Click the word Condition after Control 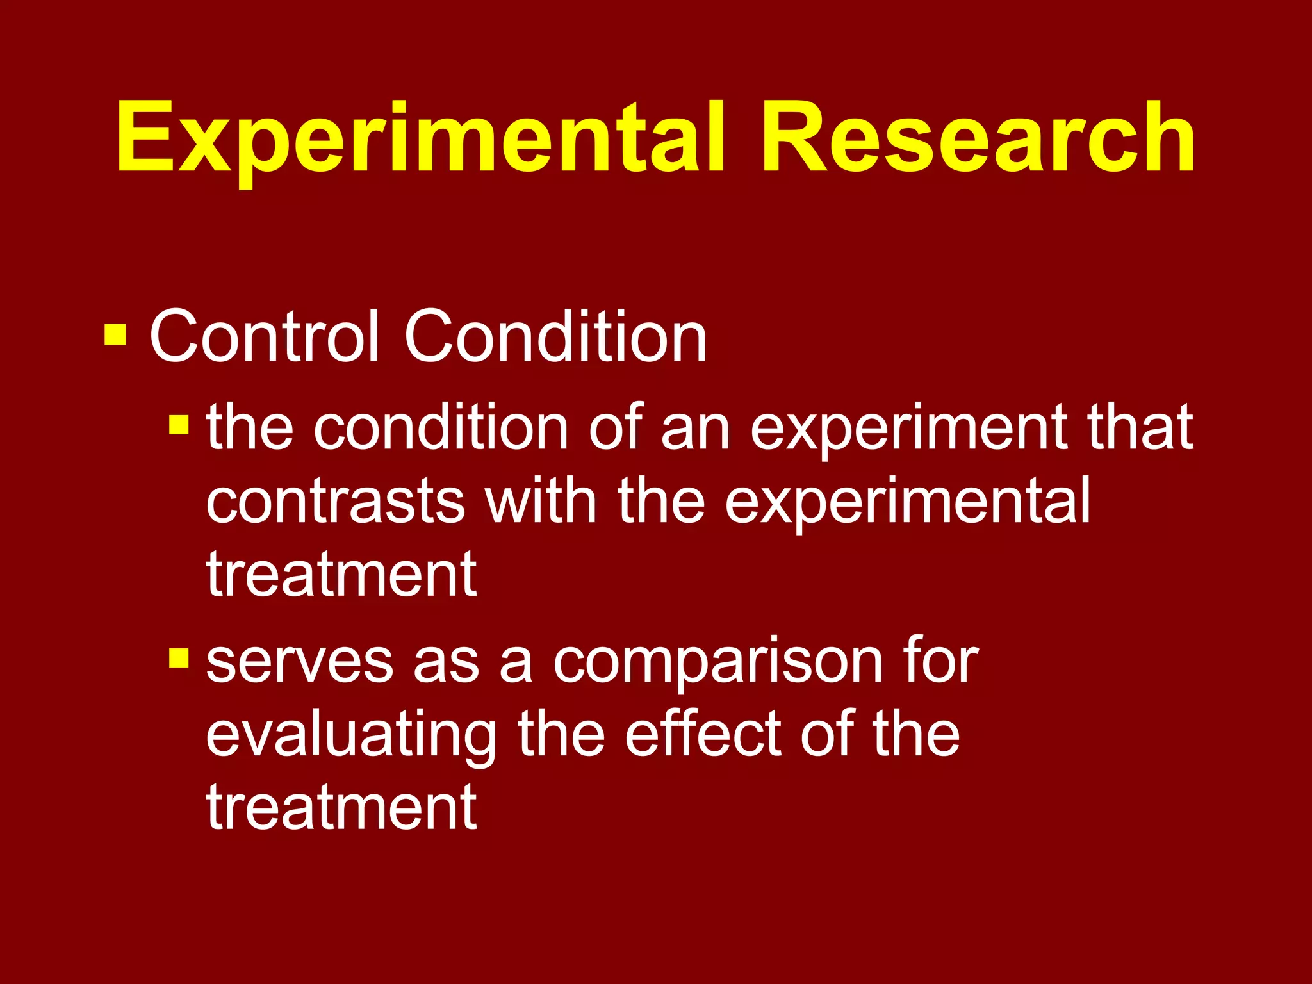tap(555, 337)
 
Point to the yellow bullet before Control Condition tap(115, 334)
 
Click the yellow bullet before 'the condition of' tap(179, 424)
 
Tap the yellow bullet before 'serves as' tap(179, 658)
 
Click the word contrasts tap(335, 501)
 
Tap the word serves tap(300, 662)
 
